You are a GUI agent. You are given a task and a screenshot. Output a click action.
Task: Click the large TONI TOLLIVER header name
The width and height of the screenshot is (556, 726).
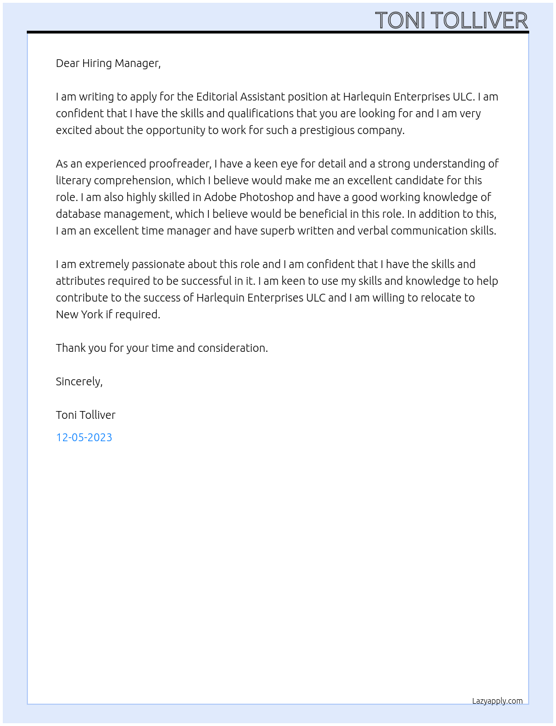(451, 21)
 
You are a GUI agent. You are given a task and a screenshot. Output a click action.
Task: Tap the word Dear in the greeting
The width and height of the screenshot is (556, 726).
(68, 63)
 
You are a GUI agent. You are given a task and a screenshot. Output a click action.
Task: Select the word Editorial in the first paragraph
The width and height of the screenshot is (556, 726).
(217, 97)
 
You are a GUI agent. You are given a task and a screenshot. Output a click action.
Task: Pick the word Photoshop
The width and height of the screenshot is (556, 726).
(266, 197)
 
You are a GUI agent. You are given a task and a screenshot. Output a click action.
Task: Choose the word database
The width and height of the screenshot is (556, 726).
(78, 214)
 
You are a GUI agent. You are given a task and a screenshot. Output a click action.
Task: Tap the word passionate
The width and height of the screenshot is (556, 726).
(158, 264)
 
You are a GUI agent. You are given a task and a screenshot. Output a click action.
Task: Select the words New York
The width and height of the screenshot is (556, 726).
(79, 314)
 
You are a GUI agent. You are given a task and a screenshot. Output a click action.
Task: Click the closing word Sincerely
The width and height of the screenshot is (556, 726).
(79, 381)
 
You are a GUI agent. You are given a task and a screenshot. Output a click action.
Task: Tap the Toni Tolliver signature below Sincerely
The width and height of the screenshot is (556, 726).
(85, 415)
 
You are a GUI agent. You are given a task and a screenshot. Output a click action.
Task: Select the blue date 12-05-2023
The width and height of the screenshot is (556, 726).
(84, 437)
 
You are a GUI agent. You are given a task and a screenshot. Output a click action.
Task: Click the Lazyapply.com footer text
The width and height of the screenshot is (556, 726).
(497, 701)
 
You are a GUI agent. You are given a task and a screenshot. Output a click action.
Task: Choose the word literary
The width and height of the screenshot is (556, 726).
(73, 180)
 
